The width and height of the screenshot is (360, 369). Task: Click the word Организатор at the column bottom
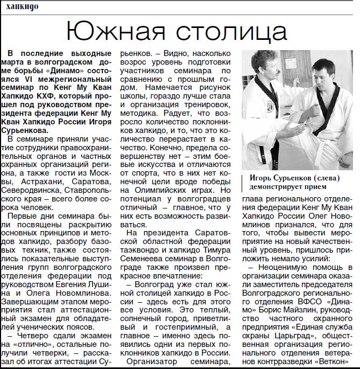[x=156, y=360]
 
